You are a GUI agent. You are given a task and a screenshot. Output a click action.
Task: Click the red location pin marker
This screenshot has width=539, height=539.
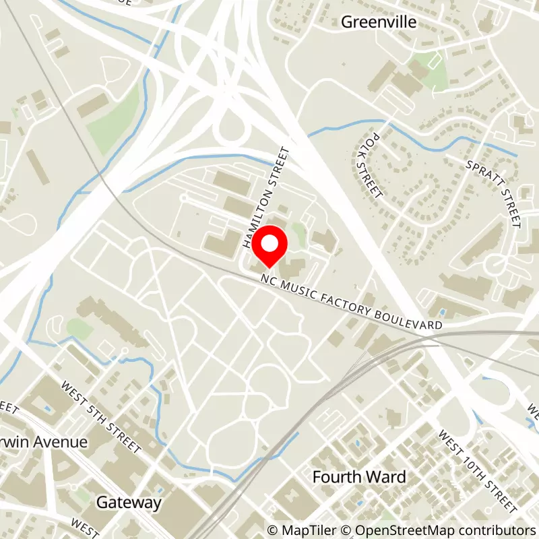[269, 247]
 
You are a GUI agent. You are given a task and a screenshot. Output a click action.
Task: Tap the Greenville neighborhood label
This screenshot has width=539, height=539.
[379, 22]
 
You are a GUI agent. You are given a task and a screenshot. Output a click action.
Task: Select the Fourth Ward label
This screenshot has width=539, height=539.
[359, 477]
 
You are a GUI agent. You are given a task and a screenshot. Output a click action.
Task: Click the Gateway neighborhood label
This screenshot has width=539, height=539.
[129, 502]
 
